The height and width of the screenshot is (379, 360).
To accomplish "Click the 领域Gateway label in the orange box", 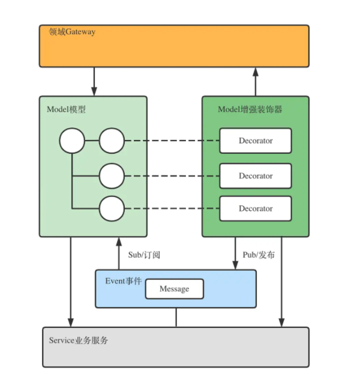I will point(71,32).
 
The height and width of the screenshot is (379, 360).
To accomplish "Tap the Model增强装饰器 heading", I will point(250,109).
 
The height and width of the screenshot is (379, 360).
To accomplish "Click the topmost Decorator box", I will point(256,141).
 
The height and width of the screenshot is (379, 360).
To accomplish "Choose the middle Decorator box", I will point(256,176).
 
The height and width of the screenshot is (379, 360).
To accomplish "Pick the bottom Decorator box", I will point(256,208).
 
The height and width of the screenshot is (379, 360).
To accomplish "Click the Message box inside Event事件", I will point(174,289).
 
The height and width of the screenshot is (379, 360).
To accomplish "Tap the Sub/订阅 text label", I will point(144,255).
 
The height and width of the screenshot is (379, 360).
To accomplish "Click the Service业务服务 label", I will point(79,340).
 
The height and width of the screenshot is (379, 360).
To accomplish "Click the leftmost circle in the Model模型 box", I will point(72,141).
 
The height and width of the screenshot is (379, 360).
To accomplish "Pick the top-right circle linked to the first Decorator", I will point(112,141).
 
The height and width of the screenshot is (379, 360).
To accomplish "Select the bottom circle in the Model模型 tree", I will point(112,208).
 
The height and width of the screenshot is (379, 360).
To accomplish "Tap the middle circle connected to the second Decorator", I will point(112,176).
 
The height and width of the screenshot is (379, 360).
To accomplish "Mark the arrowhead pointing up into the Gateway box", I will point(256,71).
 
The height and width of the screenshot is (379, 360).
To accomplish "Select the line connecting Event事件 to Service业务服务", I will point(176,318).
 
